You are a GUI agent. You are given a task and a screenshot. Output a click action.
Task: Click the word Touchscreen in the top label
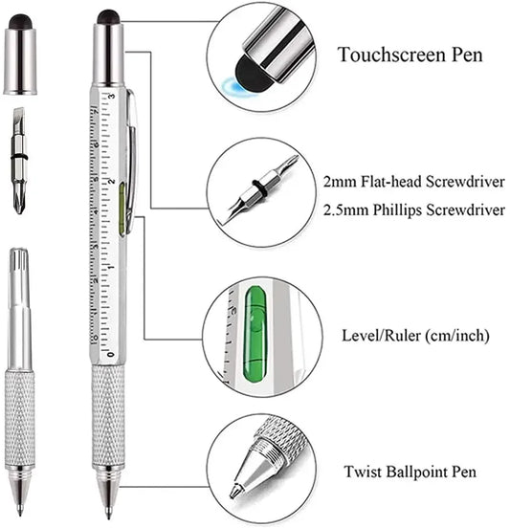pyautogui.click(x=377, y=54)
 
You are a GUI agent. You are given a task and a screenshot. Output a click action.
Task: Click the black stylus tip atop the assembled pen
pyautogui.click(x=109, y=16)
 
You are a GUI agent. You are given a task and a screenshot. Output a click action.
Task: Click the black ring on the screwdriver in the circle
pyautogui.click(x=256, y=184)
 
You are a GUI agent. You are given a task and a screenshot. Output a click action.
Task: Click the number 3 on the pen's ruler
pyautogui.click(x=113, y=97)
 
